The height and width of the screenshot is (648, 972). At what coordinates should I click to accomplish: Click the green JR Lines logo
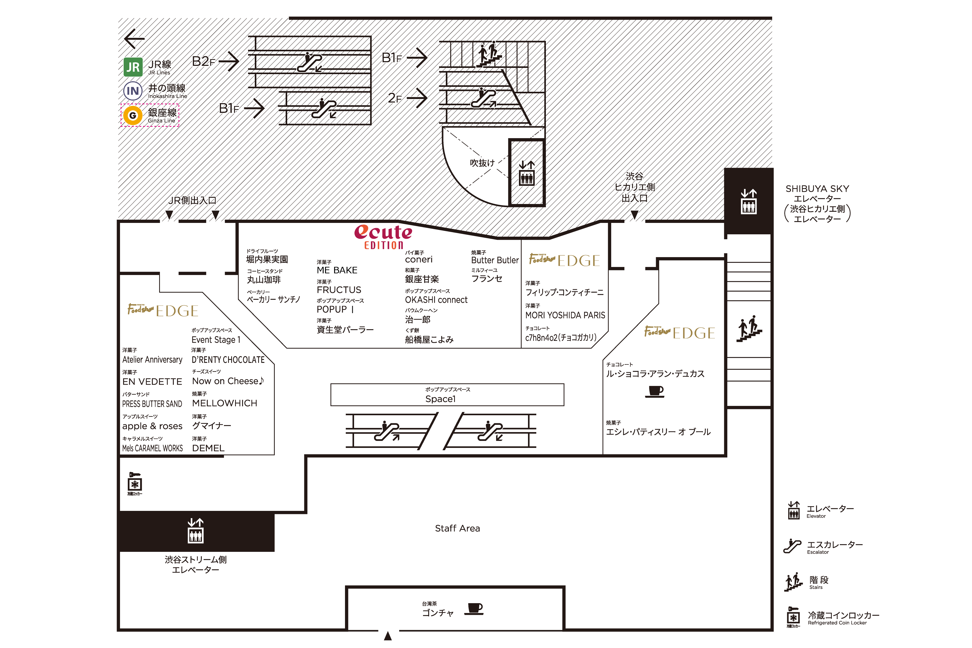click(133, 67)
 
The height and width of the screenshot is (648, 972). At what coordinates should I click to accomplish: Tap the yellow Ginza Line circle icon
click(133, 115)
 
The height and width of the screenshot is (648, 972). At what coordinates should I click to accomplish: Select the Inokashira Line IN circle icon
click(133, 91)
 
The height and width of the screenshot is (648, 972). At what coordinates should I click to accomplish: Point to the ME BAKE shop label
click(337, 270)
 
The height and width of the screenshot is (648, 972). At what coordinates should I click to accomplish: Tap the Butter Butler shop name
click(495, 260)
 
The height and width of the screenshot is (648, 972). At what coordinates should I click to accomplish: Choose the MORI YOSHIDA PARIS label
click(565, 315)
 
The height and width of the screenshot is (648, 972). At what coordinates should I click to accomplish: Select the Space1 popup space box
click(447, 395)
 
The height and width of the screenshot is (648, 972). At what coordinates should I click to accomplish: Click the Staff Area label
click(457, 528)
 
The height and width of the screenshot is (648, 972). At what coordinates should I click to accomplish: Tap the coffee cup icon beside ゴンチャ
click(474, 609)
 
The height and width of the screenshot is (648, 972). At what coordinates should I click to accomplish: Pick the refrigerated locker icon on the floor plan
click(135, 483)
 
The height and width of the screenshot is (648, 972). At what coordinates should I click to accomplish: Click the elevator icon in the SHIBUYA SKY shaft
click(749, 201)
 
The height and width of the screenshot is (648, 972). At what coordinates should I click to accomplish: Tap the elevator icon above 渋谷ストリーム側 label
click(195, 531)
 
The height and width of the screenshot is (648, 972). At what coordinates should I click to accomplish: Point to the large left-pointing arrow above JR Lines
click(134, 39)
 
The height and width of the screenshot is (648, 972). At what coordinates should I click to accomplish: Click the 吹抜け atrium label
click(482, 163)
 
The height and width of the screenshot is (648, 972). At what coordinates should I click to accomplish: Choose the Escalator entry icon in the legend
click(792, 546)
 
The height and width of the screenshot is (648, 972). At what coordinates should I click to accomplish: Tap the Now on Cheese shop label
click(228, 381)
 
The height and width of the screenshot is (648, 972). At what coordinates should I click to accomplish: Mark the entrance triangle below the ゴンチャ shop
click(388, 636)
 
